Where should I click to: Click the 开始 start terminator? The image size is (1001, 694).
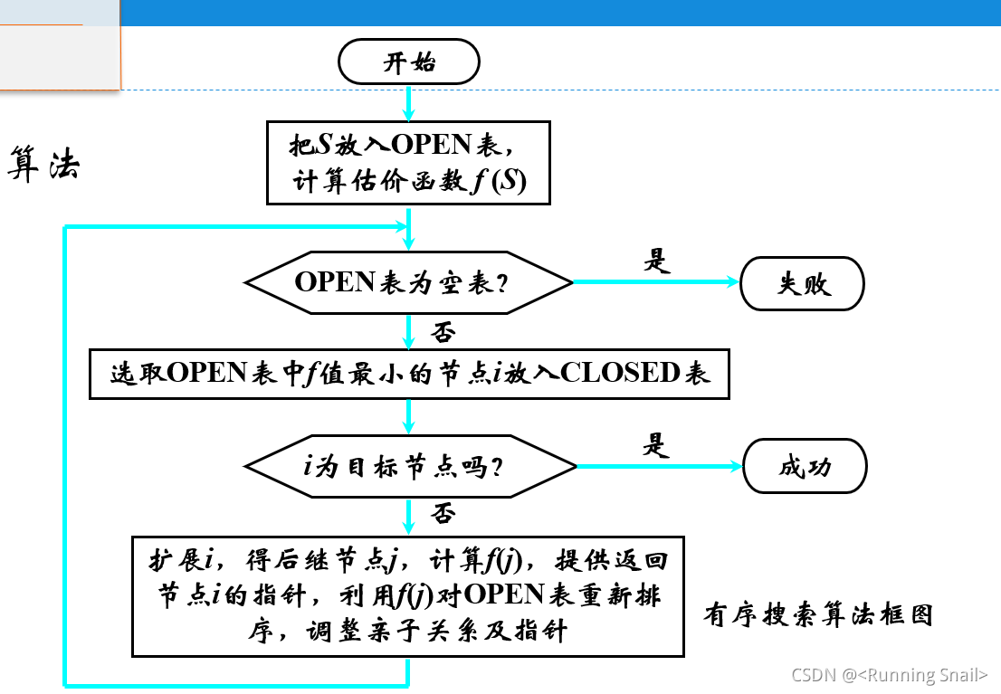click(x=408, y=63)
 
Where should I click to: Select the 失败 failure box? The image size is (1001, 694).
click(x=803, y=283)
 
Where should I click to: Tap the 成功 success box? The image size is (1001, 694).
click(x=804, y=467)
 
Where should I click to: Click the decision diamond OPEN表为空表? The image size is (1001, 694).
click(x=409, y=282)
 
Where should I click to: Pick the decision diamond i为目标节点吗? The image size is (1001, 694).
click(x=409, y=467)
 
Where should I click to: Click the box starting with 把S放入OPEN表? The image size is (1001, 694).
click(x=409, y=163)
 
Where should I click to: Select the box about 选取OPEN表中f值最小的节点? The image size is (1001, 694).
click(x=409, y=373)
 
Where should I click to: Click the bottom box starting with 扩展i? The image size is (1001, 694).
click(x=408, y=595)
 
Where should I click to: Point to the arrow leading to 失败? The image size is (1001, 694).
click(x=656, y=282)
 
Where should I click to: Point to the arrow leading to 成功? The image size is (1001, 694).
click(x=659, y=467)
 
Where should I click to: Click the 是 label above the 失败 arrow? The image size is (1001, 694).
click(x=655, y=261)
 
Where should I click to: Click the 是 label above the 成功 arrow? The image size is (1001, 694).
click(x=655, y=445)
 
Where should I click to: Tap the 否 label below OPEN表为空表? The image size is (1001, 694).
click(x=443, y=332)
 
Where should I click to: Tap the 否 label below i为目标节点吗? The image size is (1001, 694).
click(x=443, y=515)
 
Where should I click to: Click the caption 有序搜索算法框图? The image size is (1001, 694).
click(x=817, y=615)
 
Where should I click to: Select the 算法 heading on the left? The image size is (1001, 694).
click(x=44, y=164)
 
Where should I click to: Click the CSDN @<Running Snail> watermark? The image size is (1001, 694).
click(x=889, y=675)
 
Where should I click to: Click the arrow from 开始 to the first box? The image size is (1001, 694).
click(x=409, y=102)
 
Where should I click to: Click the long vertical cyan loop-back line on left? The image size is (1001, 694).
click(x=66, y=452)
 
